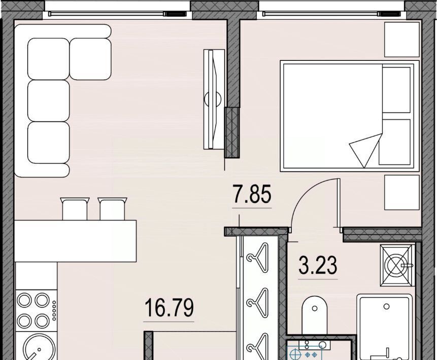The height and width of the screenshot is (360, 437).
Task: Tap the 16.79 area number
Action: tap(169, 307)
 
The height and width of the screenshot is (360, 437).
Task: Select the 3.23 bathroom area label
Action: tap(318, 265)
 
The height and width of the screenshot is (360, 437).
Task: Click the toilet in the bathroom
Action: tap(314, 314)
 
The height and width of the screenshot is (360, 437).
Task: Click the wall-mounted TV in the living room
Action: tap(214, 99)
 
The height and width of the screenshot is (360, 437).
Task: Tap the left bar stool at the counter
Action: tap(75, 209)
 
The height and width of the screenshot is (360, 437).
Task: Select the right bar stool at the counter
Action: tap(112, 209)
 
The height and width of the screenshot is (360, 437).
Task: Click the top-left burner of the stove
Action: tap(24, 300)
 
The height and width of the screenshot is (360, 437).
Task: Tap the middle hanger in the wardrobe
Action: tap(258, 303)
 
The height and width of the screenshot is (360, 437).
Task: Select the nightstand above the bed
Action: tap(401, 40)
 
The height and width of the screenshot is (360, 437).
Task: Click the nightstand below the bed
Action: tap(401, 192)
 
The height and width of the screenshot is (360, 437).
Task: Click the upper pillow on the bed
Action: tap(396, 89)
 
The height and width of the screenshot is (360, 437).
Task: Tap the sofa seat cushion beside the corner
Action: tap(90, 59)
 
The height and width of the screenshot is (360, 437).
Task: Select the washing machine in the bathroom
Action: tap(397, 265)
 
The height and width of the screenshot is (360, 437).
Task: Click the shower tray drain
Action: tap(386, 307)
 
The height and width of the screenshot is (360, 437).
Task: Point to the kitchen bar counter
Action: tap(75, 241)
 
